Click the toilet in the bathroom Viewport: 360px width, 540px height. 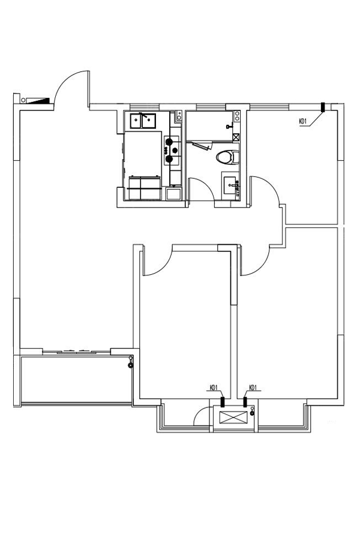[x=228, y=157]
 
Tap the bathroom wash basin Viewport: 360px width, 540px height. [x=231, y=186]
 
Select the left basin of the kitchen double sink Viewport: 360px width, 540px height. [x=136, y=121]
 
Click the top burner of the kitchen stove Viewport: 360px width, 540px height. [x=169, y=141]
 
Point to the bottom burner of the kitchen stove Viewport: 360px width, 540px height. [x=169, y=159]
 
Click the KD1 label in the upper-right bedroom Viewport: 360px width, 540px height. [x=302, y=121]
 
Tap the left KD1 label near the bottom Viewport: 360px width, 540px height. [x=214, y=388]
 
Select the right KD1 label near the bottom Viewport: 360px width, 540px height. [x=253, y=388]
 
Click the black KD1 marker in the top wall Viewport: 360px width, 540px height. [x=323, y=107]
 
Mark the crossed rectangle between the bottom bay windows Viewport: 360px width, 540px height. [x=233, y=417]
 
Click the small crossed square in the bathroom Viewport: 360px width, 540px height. [x=236, y=137]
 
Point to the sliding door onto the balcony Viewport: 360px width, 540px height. [x=76, y=352]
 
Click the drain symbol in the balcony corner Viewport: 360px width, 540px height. [x=130, y=365]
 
